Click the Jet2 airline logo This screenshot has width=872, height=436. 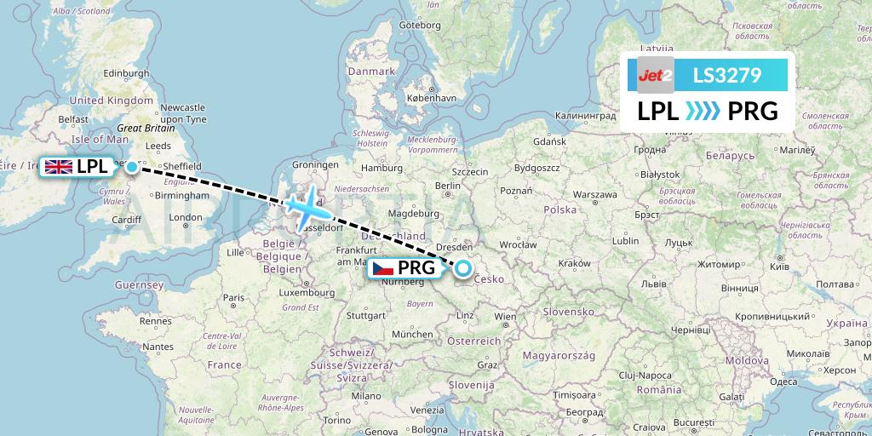656,76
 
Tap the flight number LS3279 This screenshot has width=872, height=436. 726,76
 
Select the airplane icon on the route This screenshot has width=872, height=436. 305,206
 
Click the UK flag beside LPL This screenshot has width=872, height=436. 59,167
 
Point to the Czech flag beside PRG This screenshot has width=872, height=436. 383,269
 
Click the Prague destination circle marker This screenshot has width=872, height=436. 462,269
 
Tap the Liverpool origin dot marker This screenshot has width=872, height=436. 132,167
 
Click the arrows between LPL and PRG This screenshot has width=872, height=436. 703,112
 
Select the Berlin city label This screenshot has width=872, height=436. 447,186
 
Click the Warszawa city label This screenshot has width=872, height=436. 594,194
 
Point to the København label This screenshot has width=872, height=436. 432,98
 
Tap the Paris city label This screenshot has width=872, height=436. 233,299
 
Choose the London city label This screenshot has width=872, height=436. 186,218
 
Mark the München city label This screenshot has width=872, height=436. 413,335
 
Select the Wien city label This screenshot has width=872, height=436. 506,317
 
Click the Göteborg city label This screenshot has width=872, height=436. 419,26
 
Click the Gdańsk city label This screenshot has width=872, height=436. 549,141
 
